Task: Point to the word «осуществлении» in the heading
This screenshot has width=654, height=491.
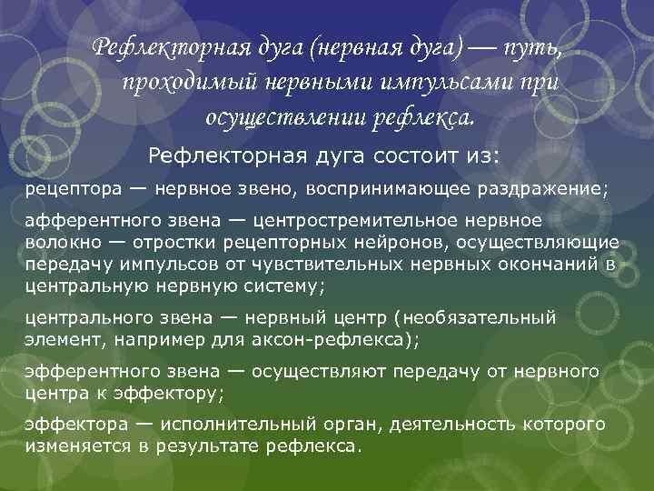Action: [x=273, y=117]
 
